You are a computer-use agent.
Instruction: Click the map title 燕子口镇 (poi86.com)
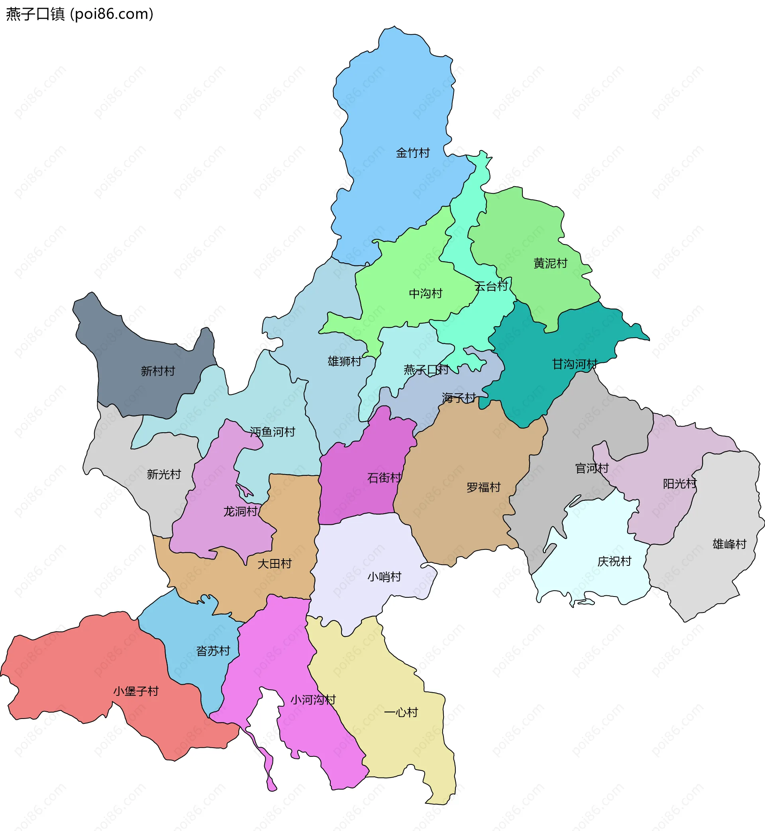coord(79,14)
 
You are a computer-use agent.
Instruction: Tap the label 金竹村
coord(413,153)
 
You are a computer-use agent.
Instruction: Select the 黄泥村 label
coord(550,263)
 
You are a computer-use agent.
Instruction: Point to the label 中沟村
coord(426,293)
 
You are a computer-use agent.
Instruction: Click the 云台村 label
coord(491,286)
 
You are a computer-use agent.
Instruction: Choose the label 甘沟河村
coord(575,364)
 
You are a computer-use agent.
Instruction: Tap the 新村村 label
coord(158,371)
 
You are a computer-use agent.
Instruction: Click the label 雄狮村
coord(344,361)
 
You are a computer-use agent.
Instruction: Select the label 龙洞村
coord(241,511)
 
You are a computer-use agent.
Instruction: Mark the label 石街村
coord(384,478)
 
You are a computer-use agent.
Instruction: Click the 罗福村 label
coord(484,487)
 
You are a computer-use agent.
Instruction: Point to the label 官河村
coord(592,468)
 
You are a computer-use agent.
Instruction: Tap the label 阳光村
coord(680,483)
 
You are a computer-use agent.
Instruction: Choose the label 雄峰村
coord(730,544)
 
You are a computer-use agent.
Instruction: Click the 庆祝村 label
coord(614,561)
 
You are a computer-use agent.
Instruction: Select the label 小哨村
coord(384,577)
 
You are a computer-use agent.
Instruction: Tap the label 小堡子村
coord(136,691)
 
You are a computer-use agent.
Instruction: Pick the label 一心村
coord(401,712)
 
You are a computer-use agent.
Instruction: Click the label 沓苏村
coord(213,651)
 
